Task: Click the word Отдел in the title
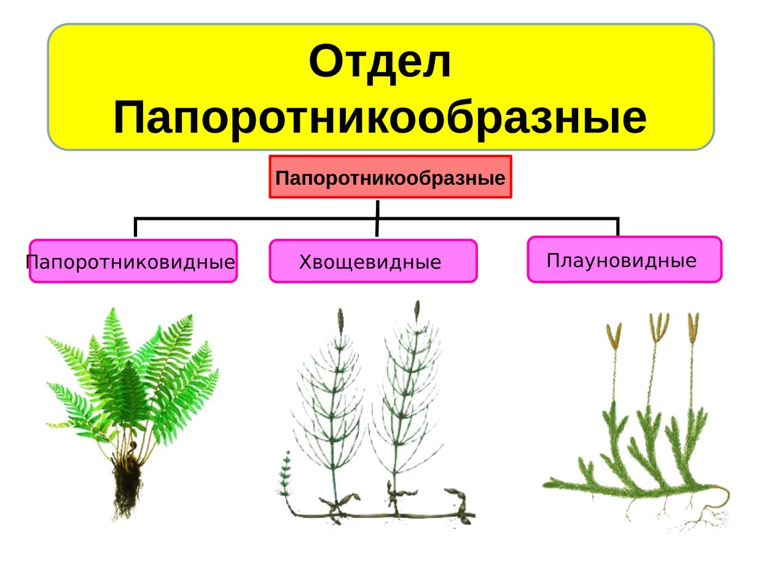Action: (x=380, y=63)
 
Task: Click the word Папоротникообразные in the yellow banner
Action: (x=380, y=118)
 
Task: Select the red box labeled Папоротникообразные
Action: (x=390, y=177)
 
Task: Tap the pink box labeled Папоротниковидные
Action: (x=133, y=262)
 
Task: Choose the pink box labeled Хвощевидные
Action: (x=373, y=262)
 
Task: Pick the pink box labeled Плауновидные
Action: (x=624, y=260)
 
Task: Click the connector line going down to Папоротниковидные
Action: (x=135, y=228)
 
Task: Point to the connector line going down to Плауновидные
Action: (x=617, y=227)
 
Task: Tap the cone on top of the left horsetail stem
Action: (x=340, y=320)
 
